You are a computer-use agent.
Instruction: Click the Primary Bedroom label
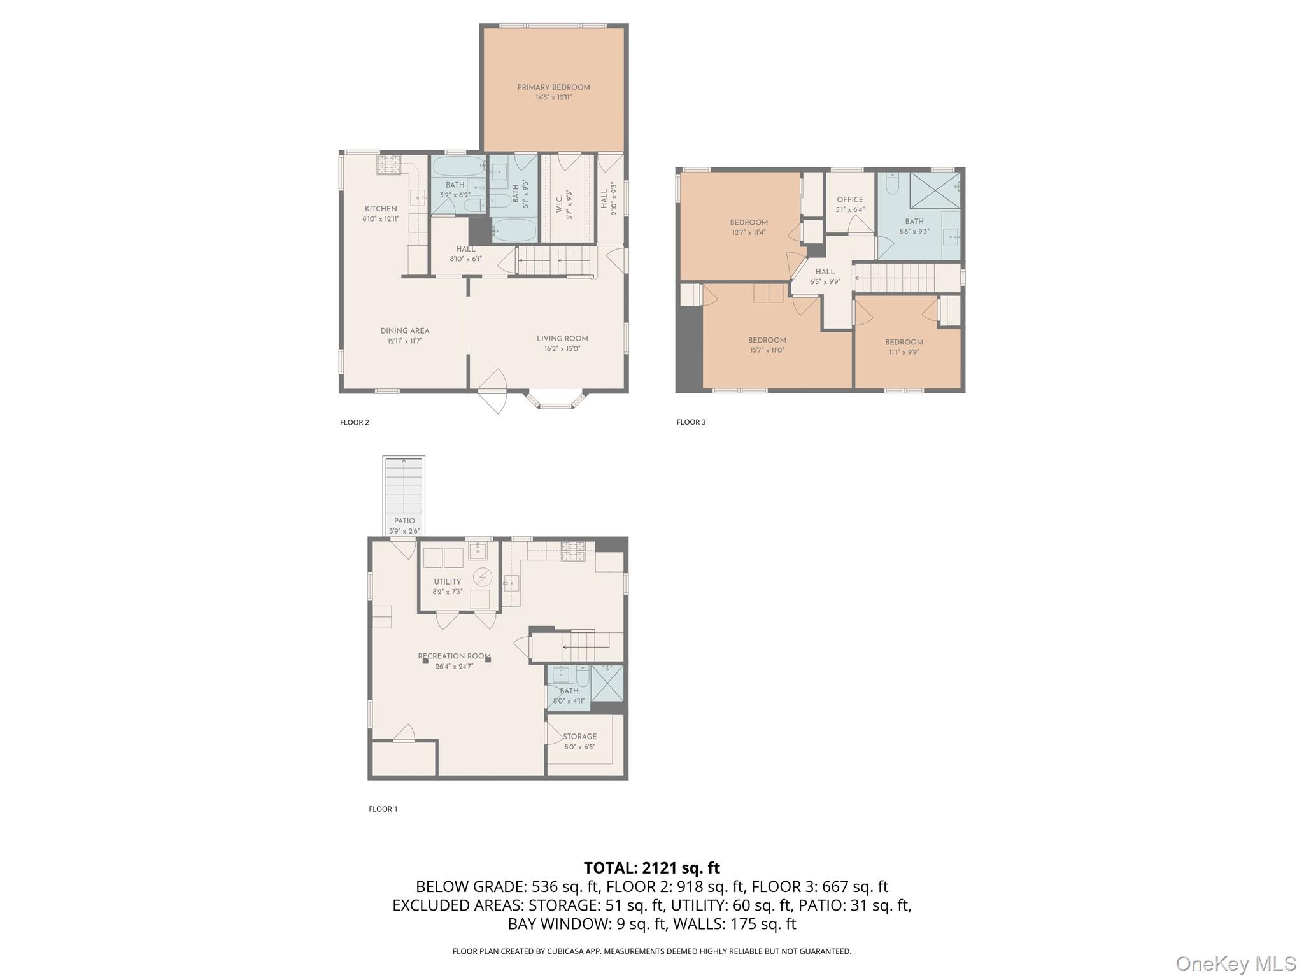(x=553, y=87)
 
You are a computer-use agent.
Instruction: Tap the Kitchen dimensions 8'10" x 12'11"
(x=381, y=219)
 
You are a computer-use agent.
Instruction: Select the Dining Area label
(x=405, y=330)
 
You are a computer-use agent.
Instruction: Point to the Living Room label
(x=562, y=339)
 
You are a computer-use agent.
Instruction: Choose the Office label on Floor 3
(x=850, y=199)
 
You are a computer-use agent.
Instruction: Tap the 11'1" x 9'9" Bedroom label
(x=904, y=343)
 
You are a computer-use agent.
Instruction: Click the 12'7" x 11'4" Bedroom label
(x=749, y=223)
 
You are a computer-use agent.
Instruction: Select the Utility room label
(x=448, y=581)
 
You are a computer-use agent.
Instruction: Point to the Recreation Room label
(x=454, y=656)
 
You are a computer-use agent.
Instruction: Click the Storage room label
(x=579, y=737)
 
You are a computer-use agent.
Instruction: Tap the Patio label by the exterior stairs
(x=404, y=521)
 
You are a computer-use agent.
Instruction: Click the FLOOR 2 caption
(x=355, y=422)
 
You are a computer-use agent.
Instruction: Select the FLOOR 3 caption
(x=691, y=422)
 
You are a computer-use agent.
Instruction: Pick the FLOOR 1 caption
(x=383, y=809)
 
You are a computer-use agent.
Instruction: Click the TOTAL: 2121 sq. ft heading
(x=651, y=868)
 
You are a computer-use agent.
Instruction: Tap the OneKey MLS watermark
(x=1235, y=963)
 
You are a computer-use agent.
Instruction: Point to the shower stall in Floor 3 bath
(x=935, y=190)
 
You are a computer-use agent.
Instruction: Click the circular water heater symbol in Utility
(x=483, y=578)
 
